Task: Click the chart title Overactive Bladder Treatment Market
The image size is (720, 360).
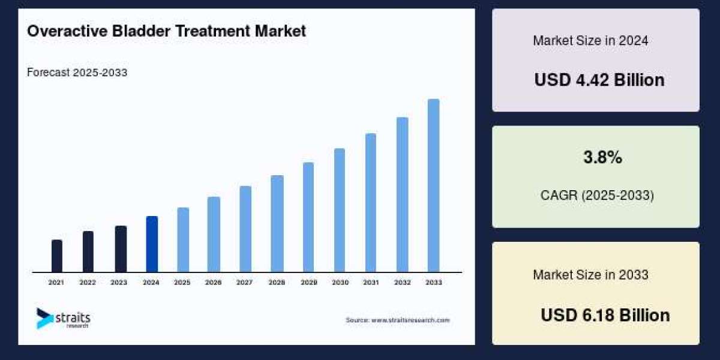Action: tap(166, 31)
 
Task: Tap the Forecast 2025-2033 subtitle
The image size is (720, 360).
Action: tap(77, 73)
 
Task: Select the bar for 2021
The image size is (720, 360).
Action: tap(57, 256)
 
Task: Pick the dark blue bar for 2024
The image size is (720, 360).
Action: tap(152, 244)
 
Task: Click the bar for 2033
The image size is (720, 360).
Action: tap(433, 185)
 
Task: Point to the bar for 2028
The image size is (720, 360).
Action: tap(277, 224)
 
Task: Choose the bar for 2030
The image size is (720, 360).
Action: tap(340, 210)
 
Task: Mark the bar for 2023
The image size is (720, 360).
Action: tap(121, 249)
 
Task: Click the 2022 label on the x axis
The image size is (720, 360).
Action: tap(88, 282)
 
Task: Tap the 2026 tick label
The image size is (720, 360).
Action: tap(214, 282)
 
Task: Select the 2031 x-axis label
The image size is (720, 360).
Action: tap(371, 282)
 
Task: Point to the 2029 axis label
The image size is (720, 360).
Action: tap(308, 282)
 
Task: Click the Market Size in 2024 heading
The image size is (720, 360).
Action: tap(590, 41)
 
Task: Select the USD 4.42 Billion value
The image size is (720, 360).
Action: tap(599, 80)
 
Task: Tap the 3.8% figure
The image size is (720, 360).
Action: tap(602, 158)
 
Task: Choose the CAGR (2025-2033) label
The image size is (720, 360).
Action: tap(596, 196)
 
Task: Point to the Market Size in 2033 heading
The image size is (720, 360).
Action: tap(590, 275)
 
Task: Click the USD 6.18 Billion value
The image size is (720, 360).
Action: tap(605, 315)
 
